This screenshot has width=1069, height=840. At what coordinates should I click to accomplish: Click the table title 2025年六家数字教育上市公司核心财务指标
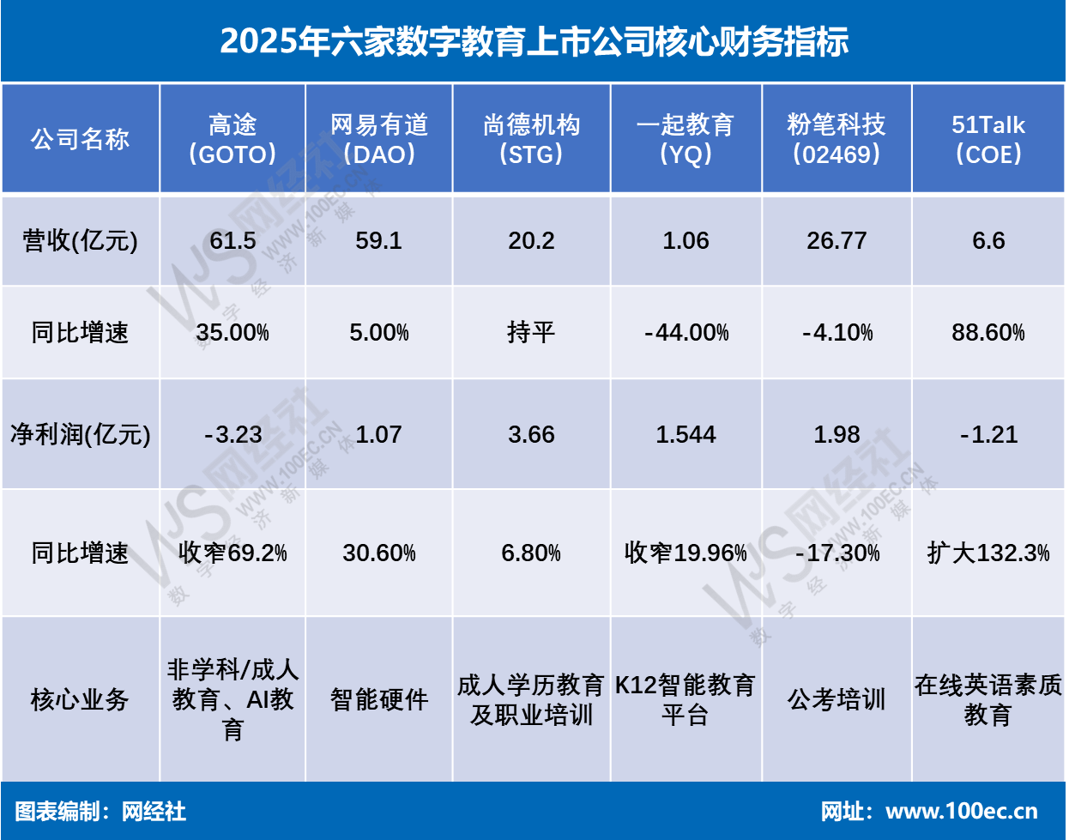(x=534, y=41)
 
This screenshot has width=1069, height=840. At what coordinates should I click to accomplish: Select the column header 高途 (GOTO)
(x=233, y=139)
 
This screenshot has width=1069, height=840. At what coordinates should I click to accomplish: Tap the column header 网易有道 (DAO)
(x=378, y=139)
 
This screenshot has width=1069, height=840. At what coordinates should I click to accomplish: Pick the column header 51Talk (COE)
(x=988, y=139)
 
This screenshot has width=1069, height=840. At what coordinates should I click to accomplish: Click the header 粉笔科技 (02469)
(x=836, y=139)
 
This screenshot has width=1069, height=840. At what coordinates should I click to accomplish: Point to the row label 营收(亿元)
(x=80, y=241)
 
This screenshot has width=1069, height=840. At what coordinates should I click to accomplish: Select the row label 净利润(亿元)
(x=80, y=435)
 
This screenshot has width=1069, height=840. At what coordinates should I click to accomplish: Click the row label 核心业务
(x=80, y=699)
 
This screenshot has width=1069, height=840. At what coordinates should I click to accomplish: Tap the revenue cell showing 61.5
(x=233, y=241)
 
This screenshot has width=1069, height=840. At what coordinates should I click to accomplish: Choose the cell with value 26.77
(x=836, y=241)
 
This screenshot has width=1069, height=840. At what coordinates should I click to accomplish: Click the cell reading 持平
(x=531, y=333)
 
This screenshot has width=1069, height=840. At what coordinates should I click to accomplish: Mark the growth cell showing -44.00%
(x=686, y=333)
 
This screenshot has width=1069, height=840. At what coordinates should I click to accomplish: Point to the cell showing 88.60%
(x=988, y=333)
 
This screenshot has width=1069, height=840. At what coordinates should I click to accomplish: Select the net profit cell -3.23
(x=233, y=435)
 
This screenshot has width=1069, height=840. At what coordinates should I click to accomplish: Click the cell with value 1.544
(x=685, y=435)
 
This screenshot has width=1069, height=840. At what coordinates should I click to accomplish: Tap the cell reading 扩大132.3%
(x=988, y=553)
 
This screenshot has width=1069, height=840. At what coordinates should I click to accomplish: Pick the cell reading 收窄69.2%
(x=233, y=553)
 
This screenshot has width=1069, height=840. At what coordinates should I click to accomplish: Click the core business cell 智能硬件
(x=378, y=699)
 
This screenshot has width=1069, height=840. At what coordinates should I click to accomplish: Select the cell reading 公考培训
(x=836, y=699)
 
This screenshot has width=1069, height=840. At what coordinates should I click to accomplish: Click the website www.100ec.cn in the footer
(x=961, y=812)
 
